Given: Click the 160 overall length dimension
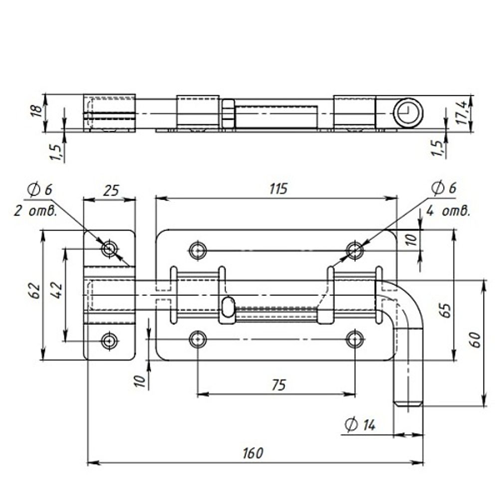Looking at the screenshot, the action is (253, 453).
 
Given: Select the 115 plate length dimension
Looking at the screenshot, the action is (278, 189).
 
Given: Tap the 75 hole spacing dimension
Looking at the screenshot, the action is (279, 385).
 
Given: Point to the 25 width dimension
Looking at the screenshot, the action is (111, 190).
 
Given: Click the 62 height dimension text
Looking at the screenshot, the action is (35, 290).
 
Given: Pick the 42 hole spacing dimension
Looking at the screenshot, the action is (57, 290).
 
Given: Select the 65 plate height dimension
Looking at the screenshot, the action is (445, 310).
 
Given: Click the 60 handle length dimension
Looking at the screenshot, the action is (475, 340).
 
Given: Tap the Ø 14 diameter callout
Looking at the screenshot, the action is (360, 425).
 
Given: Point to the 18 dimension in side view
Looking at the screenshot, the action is (37, 111).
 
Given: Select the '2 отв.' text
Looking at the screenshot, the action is (35, 211).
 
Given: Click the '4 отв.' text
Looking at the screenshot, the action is (448, 211).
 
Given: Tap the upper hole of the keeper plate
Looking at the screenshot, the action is (109, 249).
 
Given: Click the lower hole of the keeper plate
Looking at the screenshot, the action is (109, 340).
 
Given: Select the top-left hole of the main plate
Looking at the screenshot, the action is (198, 250).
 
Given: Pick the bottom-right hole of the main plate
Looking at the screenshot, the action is (355, 339).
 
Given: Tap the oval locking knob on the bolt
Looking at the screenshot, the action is (228, 307).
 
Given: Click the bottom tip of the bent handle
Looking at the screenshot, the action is (409, 406).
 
